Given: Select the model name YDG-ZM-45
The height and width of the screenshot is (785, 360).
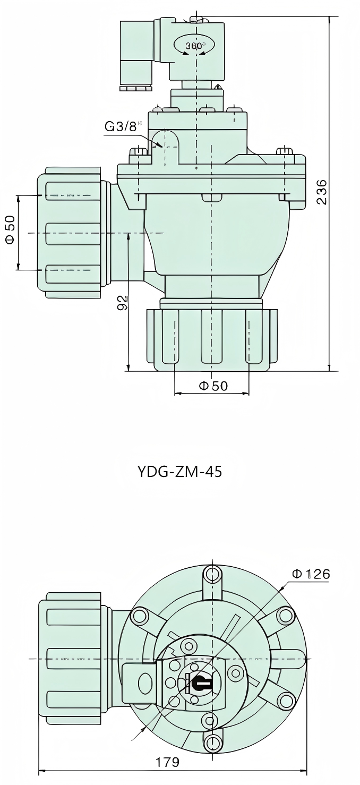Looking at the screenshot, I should pos(179,472).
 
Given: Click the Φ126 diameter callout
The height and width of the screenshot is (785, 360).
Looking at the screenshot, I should pos(311,574).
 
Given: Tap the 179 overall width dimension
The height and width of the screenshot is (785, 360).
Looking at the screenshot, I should pos(167,762).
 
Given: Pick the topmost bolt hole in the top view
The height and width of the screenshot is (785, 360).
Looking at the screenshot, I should pos(213,574).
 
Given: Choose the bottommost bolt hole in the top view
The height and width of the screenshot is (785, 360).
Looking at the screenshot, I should pos(213,742).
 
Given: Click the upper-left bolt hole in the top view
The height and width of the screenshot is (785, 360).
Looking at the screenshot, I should pos(140,616).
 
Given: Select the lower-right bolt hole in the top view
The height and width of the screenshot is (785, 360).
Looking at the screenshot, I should pos(286,700).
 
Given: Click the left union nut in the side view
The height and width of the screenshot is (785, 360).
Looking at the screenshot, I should pos(69,233).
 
